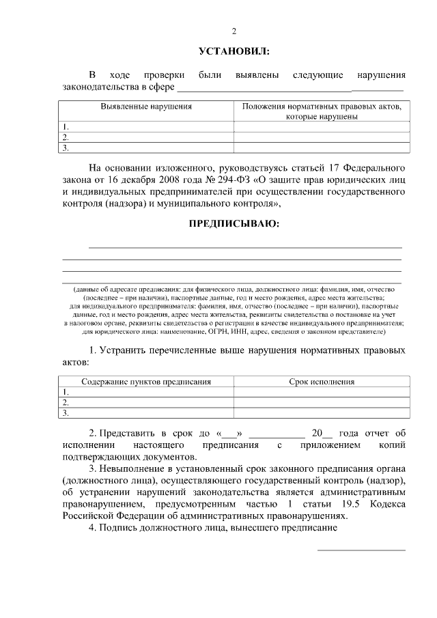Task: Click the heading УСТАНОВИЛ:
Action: pos(234,51)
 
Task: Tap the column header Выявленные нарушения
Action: pos(146,107)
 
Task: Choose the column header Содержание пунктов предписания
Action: pos(146,382)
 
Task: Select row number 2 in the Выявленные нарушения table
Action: pos(66,137)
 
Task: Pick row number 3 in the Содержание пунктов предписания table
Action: pos(66,412)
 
